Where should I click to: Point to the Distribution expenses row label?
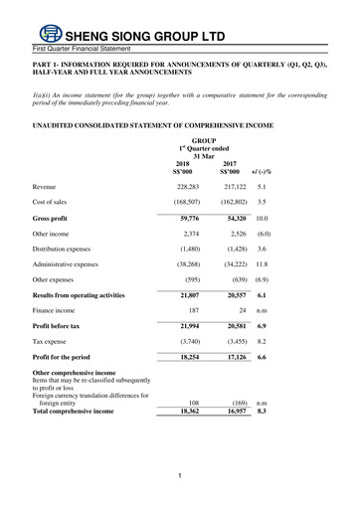coord(68,251)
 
